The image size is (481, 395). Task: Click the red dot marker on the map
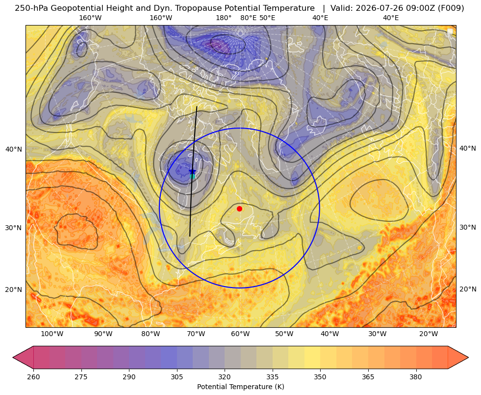coord(240,209)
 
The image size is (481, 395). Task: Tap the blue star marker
coord(192,171)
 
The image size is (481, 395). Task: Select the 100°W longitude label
coord(52,334)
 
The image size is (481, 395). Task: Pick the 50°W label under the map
coord(284,334)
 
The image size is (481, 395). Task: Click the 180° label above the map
coord(224,18)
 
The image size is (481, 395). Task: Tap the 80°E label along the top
coord(248,18)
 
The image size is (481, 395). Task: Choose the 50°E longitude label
coord(267,18)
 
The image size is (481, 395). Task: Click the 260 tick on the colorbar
coord(33,377)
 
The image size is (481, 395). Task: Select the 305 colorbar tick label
coord(177,377)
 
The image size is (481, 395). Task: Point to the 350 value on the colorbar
coord(320,377)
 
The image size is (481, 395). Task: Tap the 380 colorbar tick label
coord(416,377)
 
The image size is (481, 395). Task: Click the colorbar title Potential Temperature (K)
coord(240,387)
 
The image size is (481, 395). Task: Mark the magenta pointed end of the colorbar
coord(13,357)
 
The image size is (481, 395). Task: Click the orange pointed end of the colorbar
coord(468,357)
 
